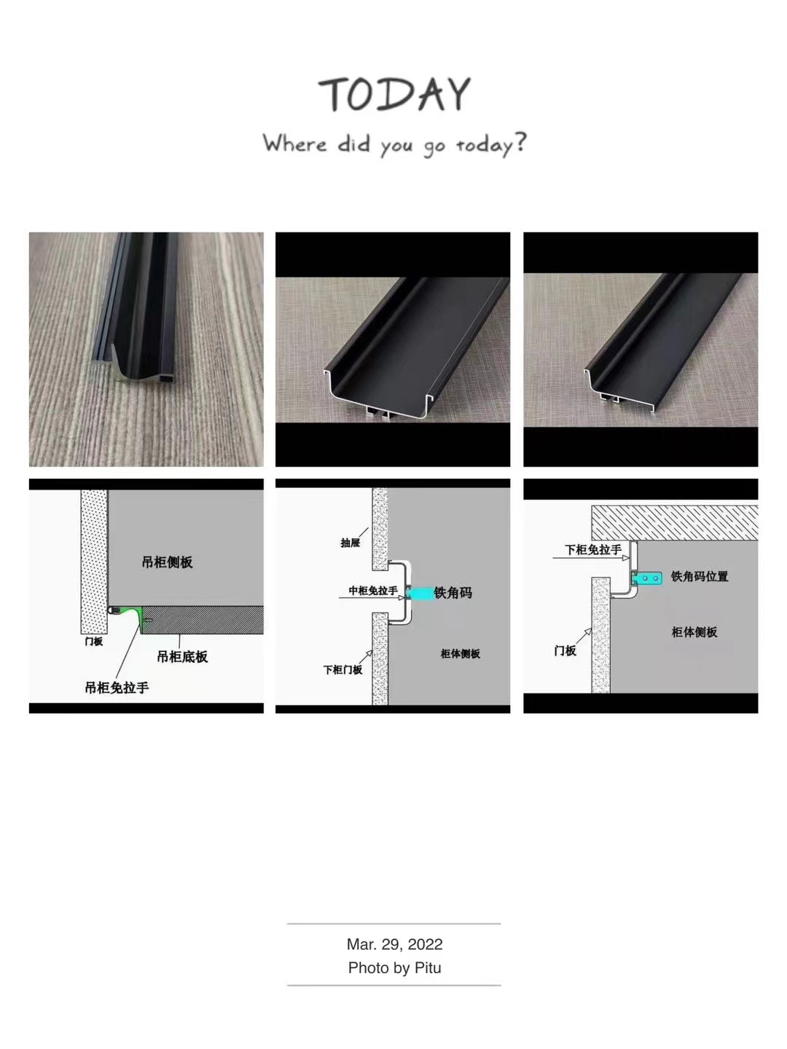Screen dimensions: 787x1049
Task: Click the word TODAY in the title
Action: pyautogui.click(x=394, y=94)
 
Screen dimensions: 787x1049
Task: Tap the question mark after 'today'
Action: pyautogui.click(x=520, y=142)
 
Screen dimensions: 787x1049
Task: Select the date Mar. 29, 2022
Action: pyautogui.click(x=394, y=944)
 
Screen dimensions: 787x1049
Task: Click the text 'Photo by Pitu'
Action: pyautogui.click(x=394, y=967)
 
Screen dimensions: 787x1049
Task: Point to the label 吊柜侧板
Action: pyautogui.click(x=168, y=562)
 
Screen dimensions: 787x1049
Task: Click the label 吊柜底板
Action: pyautogui.click(x=182, y=656)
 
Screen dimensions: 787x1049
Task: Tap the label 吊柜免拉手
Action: pyautogui.click(x=117, y=688)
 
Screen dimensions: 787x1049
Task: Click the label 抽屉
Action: pyautogui.click(x=351, y=543)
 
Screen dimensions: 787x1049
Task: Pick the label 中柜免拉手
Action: pyautogui.click(x=372, y=591)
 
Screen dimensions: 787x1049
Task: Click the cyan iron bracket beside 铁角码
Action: pyautogui.click(x=420, y=592)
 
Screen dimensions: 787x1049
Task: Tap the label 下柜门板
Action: pyautogui.click(x=342, y=669)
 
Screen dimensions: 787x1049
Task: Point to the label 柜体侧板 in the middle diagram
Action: pyautogui.click(x=460, y=653)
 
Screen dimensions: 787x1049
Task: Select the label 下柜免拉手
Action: pyautogui.click(x=593, y=549)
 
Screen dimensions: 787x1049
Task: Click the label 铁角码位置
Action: pyautogui.click(x=700, y=576)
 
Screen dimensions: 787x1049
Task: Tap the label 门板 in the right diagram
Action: pyautogui.click(x=565, y=651)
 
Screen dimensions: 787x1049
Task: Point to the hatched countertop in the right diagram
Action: pyautogui.click(x=675, y=523)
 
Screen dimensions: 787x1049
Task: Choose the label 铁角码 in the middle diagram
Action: pyautogui.click(x=453, y=593)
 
